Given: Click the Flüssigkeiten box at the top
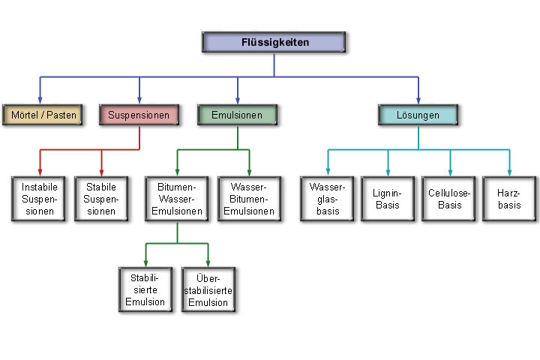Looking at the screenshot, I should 274,42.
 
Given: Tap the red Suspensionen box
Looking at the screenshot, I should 139,115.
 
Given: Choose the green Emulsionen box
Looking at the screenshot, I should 238,115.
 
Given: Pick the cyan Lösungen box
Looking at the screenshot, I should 418,115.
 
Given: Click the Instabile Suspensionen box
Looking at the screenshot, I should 39,198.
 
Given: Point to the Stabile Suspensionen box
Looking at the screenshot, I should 101,198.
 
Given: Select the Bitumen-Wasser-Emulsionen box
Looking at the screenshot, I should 177,198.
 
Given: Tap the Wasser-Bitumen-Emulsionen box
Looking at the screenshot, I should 249,198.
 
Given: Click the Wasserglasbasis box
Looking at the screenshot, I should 327,198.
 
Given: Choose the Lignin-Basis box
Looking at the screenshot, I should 388,198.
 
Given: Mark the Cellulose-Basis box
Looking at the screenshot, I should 450,198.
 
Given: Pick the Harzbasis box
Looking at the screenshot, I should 510,198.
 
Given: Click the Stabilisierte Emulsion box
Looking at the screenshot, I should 146,289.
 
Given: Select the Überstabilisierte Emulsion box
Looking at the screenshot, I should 208,289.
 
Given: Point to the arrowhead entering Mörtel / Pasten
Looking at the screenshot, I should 40,100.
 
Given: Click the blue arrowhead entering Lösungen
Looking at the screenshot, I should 418,100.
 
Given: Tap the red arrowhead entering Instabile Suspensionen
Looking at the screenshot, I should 39,171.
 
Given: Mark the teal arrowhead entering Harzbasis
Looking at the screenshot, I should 510,171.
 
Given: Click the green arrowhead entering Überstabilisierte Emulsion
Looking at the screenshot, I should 208,262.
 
